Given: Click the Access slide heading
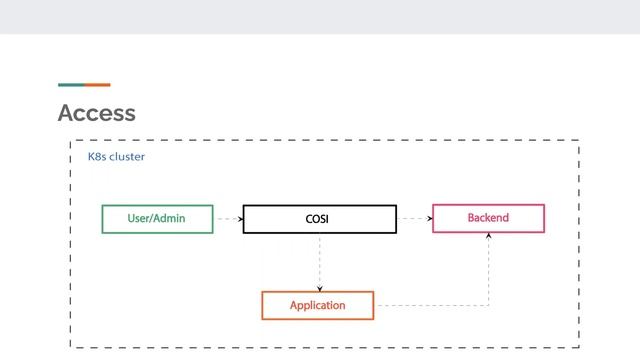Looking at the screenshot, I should (x=97, y=113).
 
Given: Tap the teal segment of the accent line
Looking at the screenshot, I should (x=70, y=85).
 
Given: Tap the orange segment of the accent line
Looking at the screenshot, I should (x=97, y=85).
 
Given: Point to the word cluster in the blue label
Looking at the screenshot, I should (x=128, y=157).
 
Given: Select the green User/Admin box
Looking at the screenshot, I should (x=157, y=218).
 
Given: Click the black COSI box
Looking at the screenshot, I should (x=319, y=219).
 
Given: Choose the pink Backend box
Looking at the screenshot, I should (x=488, y=218).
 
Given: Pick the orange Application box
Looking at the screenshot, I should (x=317, y=305).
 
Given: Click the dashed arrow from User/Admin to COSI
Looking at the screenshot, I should (x=228, y=218).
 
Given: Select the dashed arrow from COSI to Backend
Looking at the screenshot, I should (x=414, y=218).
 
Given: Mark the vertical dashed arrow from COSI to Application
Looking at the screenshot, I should (x=319, y=262).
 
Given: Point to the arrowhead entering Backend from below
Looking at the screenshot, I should (x=489, y=236).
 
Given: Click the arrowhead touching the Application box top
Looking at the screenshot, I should (x=319, y=288).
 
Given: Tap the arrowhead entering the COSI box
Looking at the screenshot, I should (x=240, y=218).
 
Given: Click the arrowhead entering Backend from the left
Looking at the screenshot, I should (x=429, y=218).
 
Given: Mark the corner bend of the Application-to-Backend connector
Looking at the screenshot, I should (x=489, y=305).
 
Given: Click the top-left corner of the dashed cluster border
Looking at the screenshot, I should (x=70, y=141).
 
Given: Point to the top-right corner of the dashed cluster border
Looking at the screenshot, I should (x=579, y=141).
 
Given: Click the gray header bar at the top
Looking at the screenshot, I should (x=320, y=17).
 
